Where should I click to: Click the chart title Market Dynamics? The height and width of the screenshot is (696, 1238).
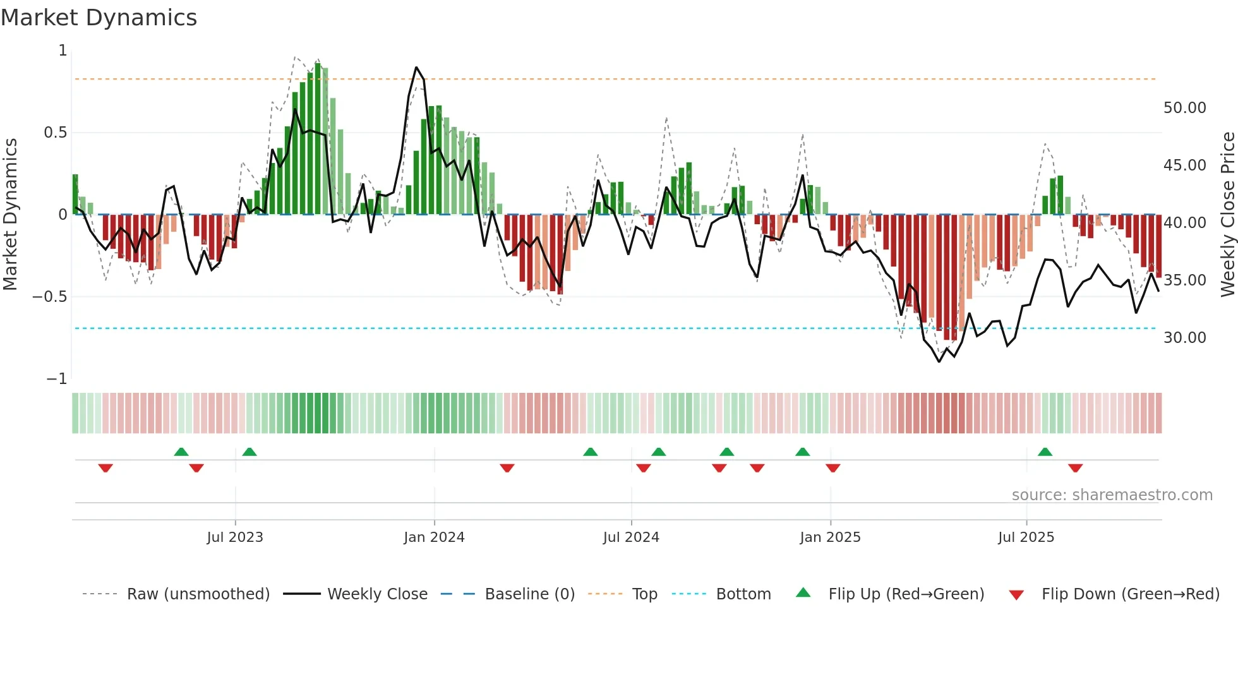99,18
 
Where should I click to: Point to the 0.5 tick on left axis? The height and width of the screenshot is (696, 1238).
55,133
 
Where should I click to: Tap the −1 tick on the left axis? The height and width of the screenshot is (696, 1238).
56,379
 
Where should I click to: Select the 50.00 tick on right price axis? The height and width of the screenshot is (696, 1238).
1184,108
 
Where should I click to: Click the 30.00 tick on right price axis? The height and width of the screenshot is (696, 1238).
1184,338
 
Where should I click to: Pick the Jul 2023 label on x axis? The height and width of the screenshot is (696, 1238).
235,537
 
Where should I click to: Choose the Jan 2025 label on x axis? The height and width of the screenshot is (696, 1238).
830,537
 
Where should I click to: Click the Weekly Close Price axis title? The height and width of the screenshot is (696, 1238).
1227,215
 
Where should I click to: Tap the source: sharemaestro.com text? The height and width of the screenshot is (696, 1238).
1112,495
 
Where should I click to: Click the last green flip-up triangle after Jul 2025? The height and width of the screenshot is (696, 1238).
1045,452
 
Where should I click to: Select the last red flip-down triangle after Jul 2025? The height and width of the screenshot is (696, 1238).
1075,468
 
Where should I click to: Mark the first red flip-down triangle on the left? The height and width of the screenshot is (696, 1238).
105,468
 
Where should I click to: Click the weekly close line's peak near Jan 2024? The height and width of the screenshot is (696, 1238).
416,68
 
